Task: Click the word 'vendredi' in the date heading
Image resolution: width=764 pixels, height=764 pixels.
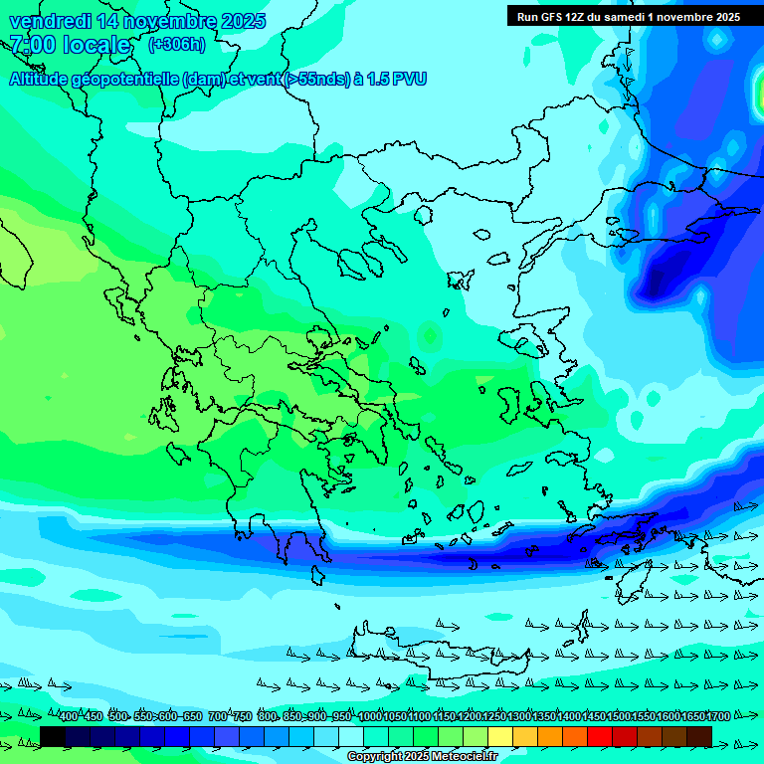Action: (x=47, y=21)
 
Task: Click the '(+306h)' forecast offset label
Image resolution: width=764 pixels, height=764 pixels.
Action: (x=176, y=45)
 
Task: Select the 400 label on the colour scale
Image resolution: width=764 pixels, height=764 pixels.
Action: (x=68, y=717)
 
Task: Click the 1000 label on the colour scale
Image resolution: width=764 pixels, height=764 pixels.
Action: (x=370, y=717)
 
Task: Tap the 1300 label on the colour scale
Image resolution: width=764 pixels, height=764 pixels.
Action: (x=519, y=717)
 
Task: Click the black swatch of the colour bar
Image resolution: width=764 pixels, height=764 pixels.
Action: (x=53, y=736)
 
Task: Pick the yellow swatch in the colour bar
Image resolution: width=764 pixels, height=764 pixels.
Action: (x=500, y=736)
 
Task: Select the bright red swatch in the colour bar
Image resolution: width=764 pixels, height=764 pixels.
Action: (x=600, y=736)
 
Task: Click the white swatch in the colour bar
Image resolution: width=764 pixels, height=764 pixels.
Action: (x=351, y=736)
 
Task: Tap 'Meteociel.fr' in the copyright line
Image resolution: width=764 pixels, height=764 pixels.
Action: (x=464, y=757)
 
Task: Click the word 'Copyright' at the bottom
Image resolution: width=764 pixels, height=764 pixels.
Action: (x=374, y=757)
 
